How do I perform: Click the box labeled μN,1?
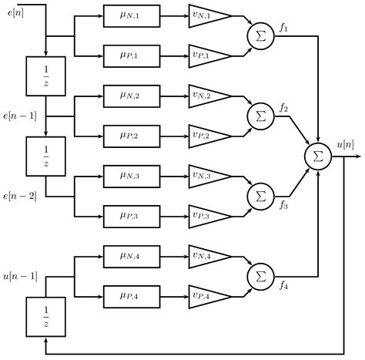coord(132,15)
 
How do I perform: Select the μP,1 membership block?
coord(132,55)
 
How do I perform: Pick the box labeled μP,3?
coord(132,215)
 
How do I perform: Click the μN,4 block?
coord(132,255)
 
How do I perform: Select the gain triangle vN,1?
coord(209,15)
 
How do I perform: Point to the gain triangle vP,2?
coord(209,136)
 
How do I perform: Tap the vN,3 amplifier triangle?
coord(209,176)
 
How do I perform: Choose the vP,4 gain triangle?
coord(209,295)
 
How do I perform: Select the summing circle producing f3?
coord(260,196)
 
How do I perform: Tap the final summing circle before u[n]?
coord(317,155)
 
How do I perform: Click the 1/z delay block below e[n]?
coord(45,76)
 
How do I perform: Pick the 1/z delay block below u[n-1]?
coord(45,317)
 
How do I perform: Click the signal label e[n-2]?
coord(20,197)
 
